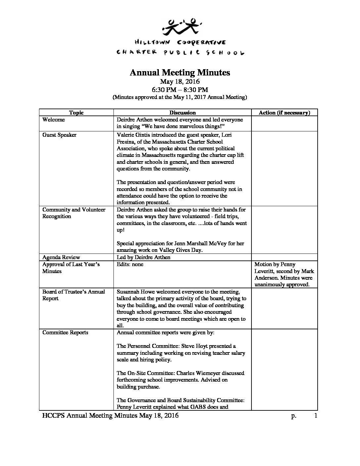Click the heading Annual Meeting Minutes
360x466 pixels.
[x=180, y=72]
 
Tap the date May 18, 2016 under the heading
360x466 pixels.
[x=180, y=81]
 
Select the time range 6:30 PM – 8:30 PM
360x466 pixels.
[x=180, y=89]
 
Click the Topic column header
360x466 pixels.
[x=76, y=113]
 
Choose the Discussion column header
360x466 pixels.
[x=182, y=113]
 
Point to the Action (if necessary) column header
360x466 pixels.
[x=284, y=113]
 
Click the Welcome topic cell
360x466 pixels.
[x=54, y=119]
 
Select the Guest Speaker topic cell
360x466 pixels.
[x=59, y=135]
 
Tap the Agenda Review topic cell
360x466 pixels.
[x=61, y=257]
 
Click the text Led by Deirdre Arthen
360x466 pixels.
[x=144, y=257]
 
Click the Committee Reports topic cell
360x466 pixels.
[x=65, y=332]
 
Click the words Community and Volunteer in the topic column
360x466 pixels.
[x=74, y=210]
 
